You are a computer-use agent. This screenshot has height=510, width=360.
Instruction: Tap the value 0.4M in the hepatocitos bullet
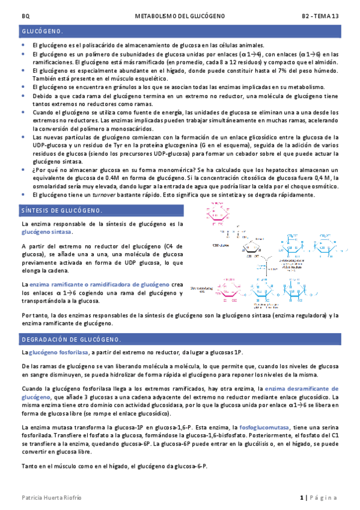[99, 179]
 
